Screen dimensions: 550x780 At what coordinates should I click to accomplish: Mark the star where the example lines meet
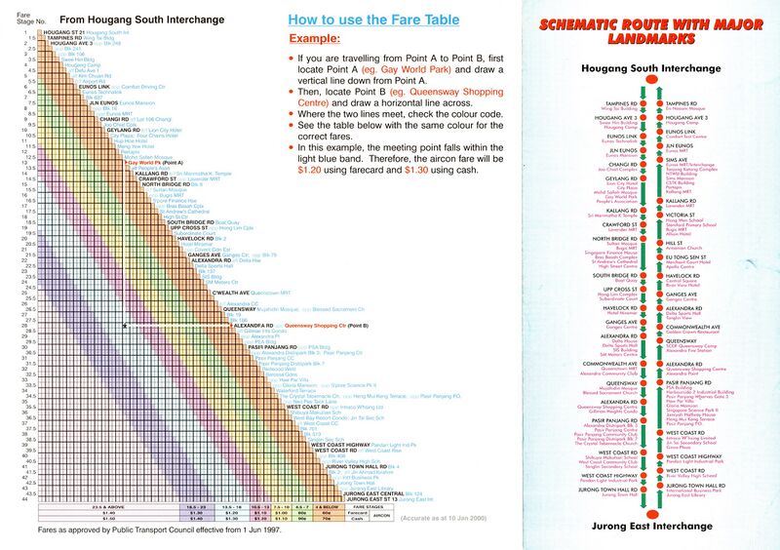tap(125, 326)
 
